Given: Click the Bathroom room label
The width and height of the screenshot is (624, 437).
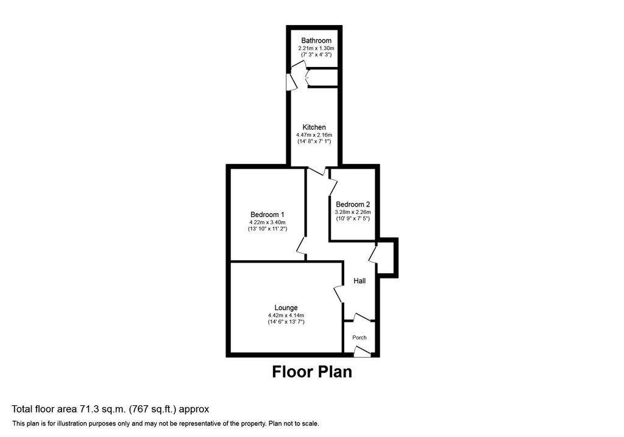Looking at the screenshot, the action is (x=316, y=41).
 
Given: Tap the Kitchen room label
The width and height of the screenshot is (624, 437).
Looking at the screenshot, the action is (x=314, y=127).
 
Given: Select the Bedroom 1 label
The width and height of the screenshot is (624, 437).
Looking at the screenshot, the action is (x=267, y=215).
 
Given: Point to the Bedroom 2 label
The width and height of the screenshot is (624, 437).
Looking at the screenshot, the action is (x=353, y=205).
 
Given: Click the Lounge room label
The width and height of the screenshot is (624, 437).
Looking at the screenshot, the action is (x=286, y=308).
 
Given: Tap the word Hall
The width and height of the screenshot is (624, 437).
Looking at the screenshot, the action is (x=360, y=281).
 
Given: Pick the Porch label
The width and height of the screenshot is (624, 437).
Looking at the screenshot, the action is (x=360, y=338).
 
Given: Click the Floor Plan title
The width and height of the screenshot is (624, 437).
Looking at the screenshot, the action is (x=312, y=372).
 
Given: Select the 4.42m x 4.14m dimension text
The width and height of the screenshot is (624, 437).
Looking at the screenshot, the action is (x=286, y=315).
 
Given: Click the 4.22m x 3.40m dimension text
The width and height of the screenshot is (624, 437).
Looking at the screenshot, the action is (x=267, y=222).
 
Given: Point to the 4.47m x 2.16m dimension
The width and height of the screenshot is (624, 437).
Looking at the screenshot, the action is (x=314, y=135).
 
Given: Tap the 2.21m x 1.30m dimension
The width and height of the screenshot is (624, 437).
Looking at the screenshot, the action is (x=316, y=48).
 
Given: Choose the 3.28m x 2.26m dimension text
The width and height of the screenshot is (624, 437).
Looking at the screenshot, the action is (x=353, y=212).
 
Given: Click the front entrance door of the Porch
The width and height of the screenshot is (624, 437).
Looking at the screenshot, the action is (x=362, y=352).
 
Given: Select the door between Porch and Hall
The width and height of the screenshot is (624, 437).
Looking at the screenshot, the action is (x=362, y=317).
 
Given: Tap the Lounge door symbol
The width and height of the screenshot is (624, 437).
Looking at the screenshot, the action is (x=339, y=294).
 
